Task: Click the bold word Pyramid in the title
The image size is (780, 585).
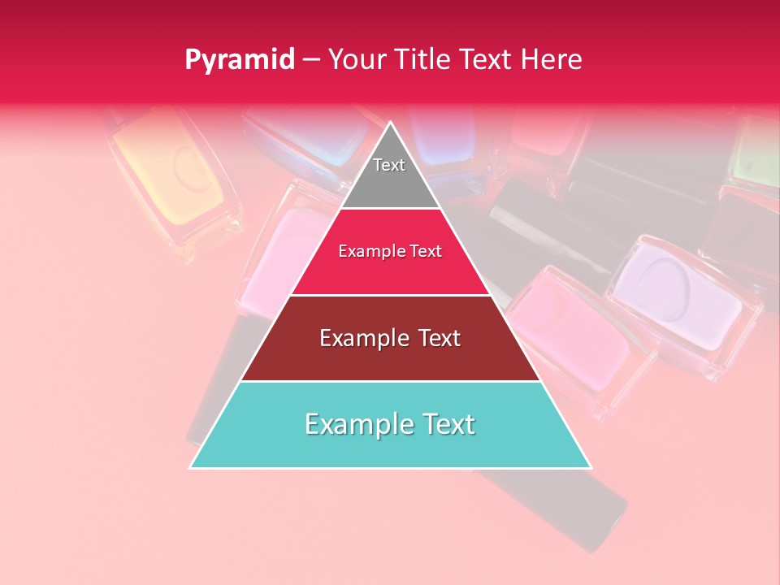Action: pos(239,60)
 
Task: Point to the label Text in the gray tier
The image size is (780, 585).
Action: pos(389,165)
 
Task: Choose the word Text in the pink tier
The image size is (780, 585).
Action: pos(426,251)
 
